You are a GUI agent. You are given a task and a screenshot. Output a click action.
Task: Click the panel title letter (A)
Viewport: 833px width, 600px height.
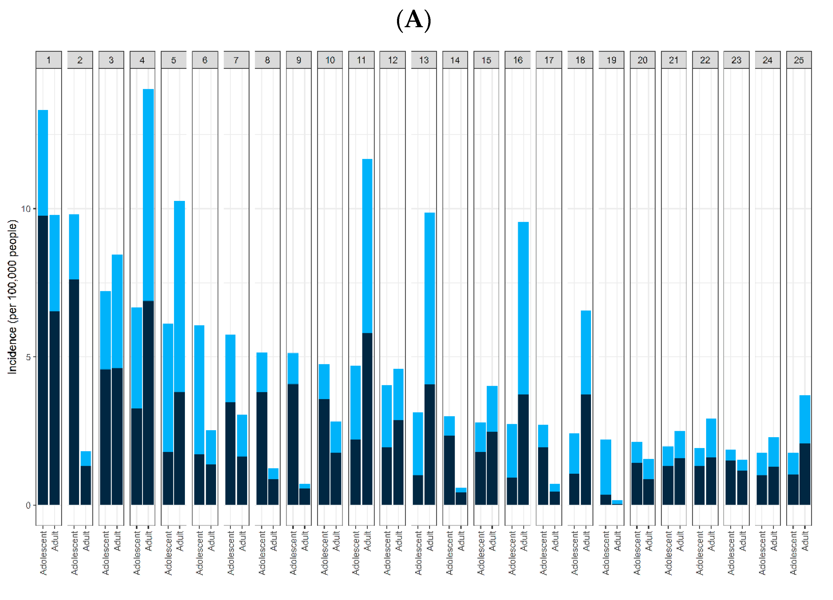click(414, 20)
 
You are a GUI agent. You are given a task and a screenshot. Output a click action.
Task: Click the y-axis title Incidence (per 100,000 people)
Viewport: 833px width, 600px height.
click(12, 297)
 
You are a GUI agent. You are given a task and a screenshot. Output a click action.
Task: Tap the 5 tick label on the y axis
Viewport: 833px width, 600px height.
click(28, 357)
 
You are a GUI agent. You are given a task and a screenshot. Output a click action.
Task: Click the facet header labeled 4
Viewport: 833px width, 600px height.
click(142, 60)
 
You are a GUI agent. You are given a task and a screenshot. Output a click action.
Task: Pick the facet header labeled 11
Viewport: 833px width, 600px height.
click(361, 60)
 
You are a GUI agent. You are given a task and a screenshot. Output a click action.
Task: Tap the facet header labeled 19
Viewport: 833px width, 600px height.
click(611, 60)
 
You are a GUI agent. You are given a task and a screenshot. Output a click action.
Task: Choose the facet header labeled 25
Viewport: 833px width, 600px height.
click(799, 60)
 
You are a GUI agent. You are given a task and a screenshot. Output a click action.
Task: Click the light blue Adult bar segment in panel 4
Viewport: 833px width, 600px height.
click(148, 195)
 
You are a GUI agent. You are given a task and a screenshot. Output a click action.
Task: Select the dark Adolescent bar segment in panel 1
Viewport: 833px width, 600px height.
click(43, 360)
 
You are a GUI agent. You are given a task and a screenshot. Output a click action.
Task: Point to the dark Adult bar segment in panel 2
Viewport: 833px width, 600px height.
click(86, 485)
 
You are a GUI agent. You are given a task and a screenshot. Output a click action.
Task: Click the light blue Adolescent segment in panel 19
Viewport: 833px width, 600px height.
click(606, 467)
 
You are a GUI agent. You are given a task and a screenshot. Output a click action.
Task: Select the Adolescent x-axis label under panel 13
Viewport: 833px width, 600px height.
click(418, 552)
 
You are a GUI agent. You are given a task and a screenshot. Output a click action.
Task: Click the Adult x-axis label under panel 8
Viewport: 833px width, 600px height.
click(274, 540)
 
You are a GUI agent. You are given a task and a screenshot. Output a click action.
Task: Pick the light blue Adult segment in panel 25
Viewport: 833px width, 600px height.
click(805, 419)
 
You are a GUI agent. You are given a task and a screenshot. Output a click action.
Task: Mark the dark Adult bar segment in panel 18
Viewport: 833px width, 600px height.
click(586, 450)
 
